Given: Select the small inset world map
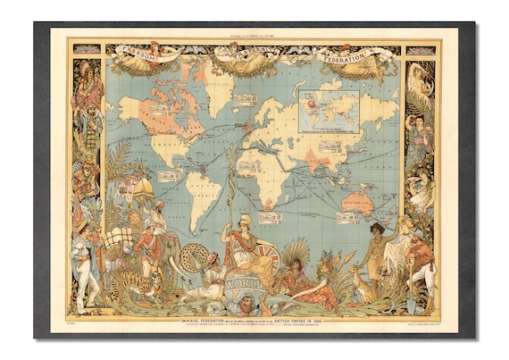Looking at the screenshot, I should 330,111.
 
